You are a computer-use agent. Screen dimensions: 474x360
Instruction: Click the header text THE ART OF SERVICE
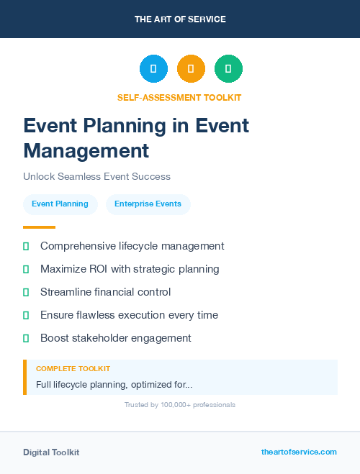pos(180,19)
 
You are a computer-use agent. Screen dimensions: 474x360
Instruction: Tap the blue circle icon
pos(153,69)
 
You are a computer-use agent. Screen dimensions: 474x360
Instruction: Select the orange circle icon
pos(191,69)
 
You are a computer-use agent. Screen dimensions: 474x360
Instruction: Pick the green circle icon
pos(228,69)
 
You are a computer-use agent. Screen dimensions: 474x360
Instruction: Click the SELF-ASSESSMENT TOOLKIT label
pos(179,97)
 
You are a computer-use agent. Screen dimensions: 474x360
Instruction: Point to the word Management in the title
pos(86,150)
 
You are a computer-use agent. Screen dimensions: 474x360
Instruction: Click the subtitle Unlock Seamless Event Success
pos(96,176)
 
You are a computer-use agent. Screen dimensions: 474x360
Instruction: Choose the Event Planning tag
pos(60,204)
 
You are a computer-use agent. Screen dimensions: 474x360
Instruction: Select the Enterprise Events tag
pos(148,204)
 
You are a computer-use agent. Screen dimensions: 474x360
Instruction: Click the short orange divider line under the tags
pos(39,227)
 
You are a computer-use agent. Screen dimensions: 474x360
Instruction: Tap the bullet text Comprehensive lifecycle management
pos(132,246)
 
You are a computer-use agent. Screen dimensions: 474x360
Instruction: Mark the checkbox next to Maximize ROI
pos(26,269)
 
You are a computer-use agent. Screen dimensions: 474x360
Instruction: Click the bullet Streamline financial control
pos(106,292)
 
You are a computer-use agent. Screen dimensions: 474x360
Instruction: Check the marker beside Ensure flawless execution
pos(26,315)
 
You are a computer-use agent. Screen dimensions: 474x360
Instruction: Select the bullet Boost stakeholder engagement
pos(116,338)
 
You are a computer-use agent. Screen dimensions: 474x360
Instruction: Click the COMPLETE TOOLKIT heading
pos(73,368)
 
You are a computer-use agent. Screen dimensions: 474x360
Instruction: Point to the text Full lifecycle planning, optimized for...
pos(114,385)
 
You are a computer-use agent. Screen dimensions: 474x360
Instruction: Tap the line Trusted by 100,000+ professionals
pos(179,405)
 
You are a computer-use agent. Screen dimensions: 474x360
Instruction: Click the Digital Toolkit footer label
pos(51,452)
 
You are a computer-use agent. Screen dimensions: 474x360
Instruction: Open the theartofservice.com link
pos(299,452)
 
